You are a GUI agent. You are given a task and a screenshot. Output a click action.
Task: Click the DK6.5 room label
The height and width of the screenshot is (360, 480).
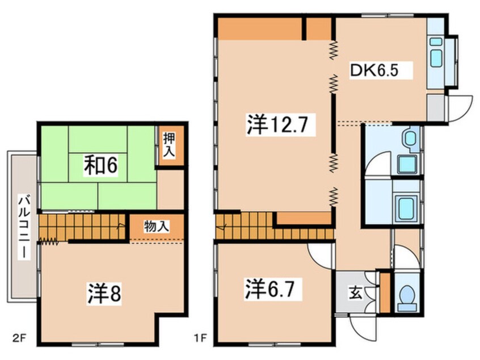pos(374,71)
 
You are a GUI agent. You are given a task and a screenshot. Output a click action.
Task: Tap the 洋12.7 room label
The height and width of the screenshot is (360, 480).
pos(277,124)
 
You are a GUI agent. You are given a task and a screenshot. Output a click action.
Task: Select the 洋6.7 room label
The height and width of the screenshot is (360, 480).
pos(270,290)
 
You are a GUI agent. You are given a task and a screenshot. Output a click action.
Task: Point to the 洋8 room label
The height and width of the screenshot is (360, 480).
pos(104,293)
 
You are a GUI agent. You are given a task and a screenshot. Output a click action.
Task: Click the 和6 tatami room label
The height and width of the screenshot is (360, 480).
pos(101,165)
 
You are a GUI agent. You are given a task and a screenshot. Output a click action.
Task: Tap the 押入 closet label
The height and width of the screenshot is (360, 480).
pos(169,145)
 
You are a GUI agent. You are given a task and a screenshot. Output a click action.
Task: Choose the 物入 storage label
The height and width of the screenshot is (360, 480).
pos(156,227)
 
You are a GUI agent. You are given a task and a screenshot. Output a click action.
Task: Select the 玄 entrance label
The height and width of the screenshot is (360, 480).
pos(355,292)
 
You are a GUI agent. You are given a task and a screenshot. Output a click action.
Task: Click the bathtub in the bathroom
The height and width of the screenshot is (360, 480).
pos(407,206)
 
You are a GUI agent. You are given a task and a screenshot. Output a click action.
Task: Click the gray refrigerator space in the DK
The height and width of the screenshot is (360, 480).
pos(435,107)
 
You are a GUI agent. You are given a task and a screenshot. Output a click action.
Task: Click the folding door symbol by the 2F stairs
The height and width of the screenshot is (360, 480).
pos(49,241)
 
